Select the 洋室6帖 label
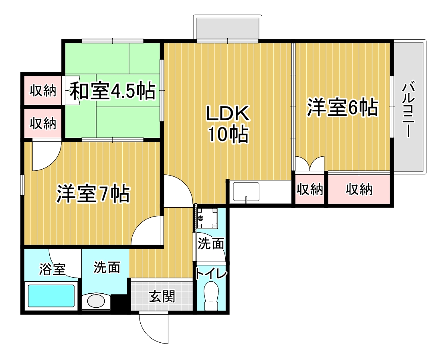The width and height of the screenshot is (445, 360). (x=342, y=108)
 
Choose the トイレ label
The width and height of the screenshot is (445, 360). (x=211, y=274)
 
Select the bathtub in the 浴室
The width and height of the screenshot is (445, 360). (x=51, y=297)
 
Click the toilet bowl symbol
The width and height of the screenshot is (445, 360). (x=211, y=294)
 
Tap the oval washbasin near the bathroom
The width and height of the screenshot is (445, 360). (x=95, y=301)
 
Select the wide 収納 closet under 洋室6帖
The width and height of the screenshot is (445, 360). (x=359, y=189)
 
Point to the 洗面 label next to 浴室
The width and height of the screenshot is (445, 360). (x=107, y=267)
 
